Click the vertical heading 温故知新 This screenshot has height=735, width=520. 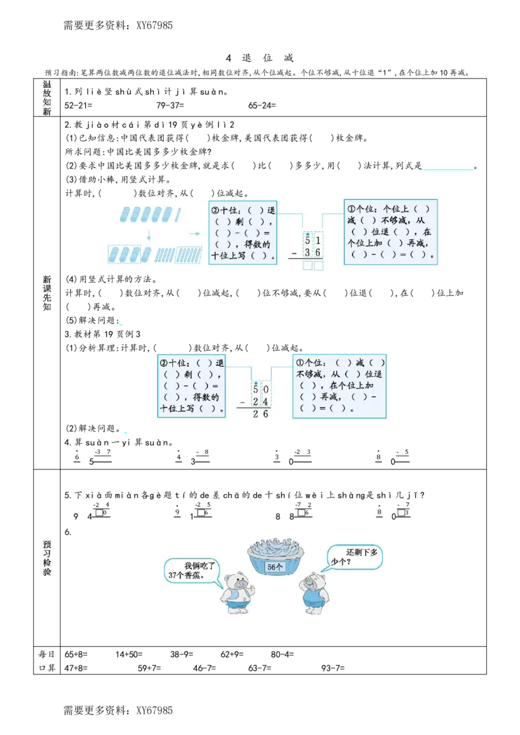pos(47,98)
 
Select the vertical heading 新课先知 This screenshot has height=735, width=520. pos(47,293)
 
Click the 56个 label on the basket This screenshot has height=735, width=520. pos(276,567)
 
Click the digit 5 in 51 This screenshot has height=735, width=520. pos(307,241)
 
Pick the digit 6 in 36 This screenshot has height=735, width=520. pos(318,253)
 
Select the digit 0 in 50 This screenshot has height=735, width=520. pos(266,390)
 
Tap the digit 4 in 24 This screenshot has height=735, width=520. pos(266,402)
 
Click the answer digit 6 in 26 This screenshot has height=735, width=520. pos(266,414)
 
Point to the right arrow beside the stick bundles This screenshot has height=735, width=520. pos(194,232)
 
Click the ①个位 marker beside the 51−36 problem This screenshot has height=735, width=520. pos(358,209)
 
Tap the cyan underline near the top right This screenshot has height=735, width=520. pos(447,169)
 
